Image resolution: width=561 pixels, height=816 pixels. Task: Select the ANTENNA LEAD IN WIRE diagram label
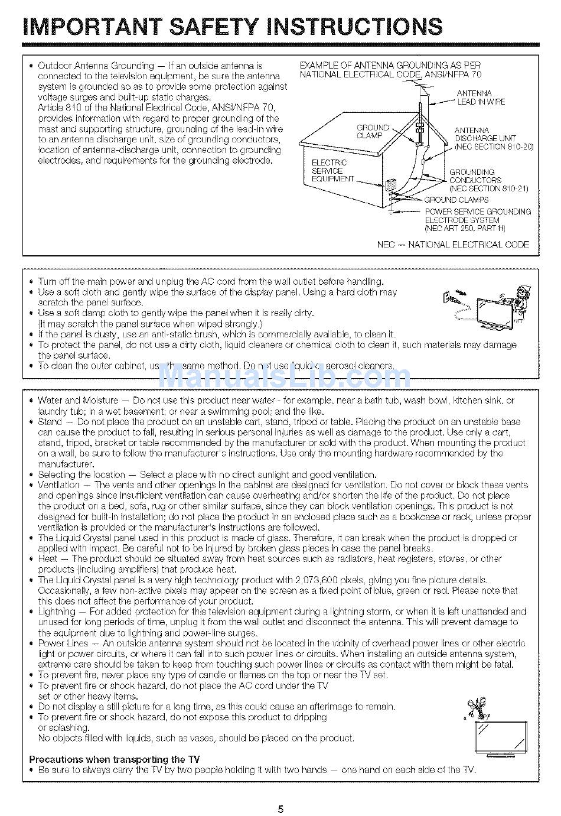coord(481,97)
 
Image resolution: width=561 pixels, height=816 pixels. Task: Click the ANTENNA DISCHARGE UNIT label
coord(492,138)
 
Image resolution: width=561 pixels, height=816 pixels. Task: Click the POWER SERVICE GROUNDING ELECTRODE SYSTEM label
coord(477,220)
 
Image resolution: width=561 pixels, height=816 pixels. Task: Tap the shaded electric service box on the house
coord(390,185)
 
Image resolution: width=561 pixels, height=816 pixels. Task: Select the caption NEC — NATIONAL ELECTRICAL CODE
coord(453,244)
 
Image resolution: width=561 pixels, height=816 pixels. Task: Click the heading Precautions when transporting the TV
coord(115,759)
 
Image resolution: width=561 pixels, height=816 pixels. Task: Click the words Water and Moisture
coord(78,401)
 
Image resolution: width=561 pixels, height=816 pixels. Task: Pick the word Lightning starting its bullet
coord(57,612)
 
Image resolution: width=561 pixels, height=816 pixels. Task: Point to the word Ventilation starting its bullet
coord(58,485)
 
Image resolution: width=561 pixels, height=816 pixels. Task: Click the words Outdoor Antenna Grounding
coord(96,66)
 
